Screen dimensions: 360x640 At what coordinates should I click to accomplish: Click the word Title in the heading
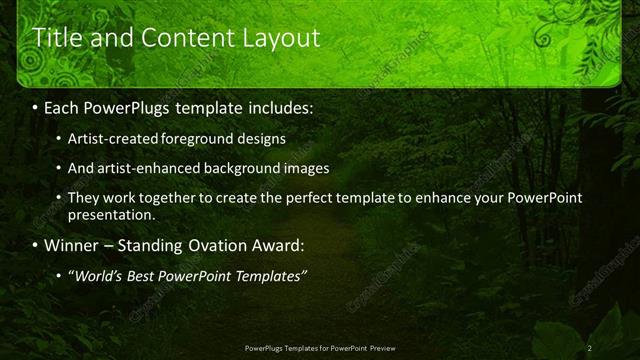point(58,38)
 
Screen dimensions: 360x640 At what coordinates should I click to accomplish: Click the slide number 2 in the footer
point(590,347)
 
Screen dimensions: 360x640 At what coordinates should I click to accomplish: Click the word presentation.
point(111,214)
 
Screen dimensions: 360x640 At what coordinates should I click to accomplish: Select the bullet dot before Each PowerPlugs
point(36,106)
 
